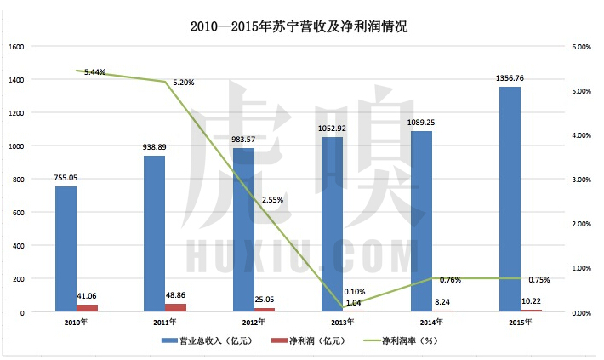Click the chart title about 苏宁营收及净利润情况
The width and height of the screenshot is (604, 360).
click(300, 26)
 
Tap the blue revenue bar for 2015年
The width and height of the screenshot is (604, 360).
click(510, 199)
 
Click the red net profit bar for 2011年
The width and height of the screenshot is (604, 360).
click(176, 307)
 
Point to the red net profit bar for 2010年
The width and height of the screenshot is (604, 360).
click(88, 308)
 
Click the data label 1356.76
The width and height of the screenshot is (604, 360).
click(510, 78)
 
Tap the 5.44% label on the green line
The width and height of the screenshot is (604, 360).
click(94, 72)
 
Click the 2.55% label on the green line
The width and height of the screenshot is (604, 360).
click(273, 200)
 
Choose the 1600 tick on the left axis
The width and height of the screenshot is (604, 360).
click(17, 47)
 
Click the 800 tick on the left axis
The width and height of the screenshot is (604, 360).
click(20, 180)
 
